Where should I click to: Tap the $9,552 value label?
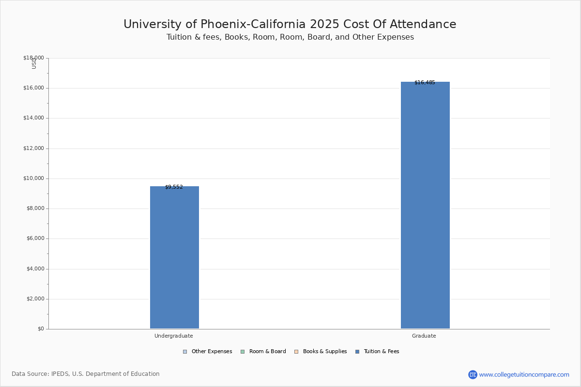point(174,187)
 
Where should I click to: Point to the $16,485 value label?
point(425,83)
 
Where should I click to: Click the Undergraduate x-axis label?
point(173,336)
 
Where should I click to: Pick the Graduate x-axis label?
point(424,336)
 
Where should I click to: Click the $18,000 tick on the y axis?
point(33,58)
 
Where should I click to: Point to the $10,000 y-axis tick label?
point(33,179)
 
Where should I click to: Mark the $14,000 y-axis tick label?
point(33,118)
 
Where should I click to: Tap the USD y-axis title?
point(34,63)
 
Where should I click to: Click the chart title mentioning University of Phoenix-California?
point(290,25)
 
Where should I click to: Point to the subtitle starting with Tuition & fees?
point(290,37)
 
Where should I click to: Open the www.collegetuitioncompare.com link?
point(524,374)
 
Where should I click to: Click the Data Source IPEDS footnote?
point(86,374)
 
